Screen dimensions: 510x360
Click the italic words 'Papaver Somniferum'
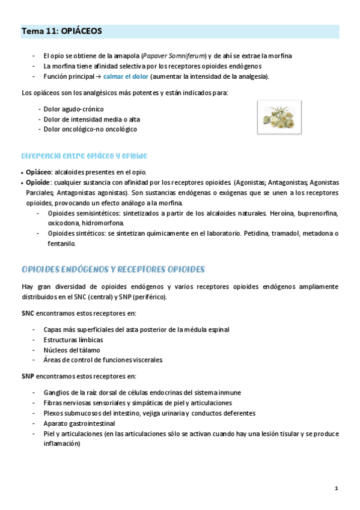[175, 55]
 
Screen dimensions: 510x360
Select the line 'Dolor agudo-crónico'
[73, 109]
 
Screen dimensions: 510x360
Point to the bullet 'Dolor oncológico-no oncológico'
[90, 129]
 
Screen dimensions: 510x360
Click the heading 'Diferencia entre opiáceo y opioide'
[84, 155]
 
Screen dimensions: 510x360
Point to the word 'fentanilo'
[61, 244]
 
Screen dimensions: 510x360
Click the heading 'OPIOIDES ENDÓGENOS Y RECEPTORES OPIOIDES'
[113, 269]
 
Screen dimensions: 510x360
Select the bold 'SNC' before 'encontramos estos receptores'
[28, 313]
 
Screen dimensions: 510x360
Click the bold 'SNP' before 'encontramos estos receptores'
[28, 376]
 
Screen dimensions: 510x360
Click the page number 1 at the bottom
[337, 488]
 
